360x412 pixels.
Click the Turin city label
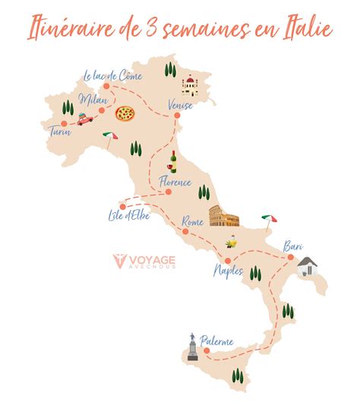60,131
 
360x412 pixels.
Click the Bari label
293,246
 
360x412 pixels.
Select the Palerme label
217,341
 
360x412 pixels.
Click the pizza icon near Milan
125,114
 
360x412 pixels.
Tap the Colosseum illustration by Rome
224,219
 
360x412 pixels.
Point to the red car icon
84,119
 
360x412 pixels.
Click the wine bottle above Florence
173,161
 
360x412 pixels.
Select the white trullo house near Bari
307,266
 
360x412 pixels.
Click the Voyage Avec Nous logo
144,262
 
